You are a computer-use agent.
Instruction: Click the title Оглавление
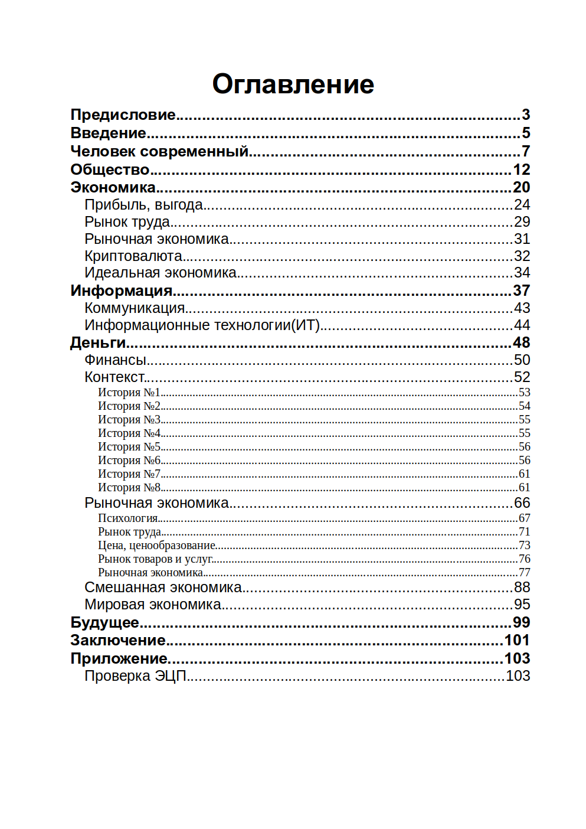[293, 84]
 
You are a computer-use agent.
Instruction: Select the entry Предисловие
[123, 115]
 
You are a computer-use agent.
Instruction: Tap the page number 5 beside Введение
[526, 133]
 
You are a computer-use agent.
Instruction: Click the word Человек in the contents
[103, 151]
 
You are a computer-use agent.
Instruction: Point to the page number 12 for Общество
[521, 169]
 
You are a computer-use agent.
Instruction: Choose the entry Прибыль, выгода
[143, 205]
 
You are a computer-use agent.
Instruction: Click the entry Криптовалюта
[133, 256]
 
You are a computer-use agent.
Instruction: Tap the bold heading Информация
[121, 291]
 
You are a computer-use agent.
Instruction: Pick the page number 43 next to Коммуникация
[522, 308]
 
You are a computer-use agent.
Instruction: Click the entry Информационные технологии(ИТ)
[202, 325]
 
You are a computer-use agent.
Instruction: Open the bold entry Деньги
[98, 342]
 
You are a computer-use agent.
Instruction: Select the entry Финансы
[115, 360]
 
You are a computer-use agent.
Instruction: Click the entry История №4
[129, 433]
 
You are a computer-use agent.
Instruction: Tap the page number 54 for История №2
[524, 406]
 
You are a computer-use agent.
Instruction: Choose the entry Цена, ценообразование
[156, 545]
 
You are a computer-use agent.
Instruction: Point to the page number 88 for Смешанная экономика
[522, 587]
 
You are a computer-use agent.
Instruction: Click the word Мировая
[114, 604]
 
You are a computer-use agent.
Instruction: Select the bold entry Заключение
[118, 640]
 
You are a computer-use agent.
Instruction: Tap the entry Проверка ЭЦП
[135, 675]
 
